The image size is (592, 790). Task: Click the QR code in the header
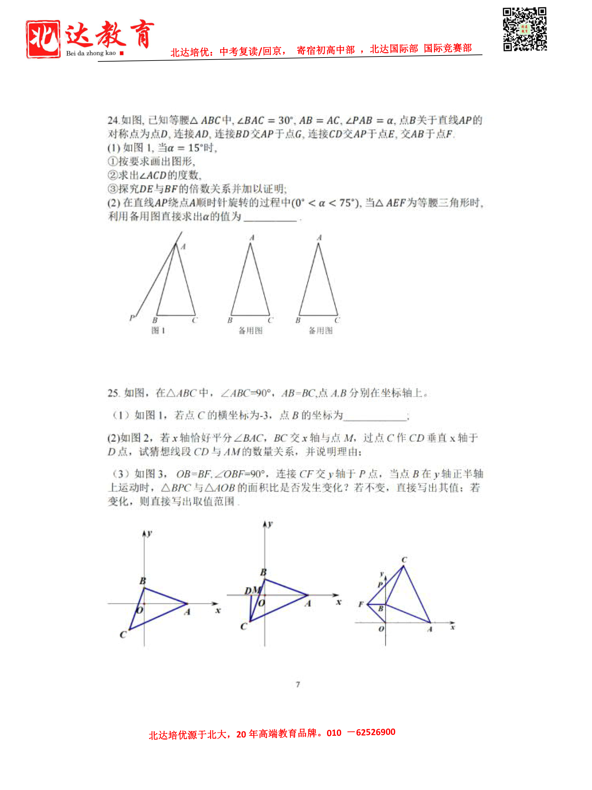(x=524, y=29)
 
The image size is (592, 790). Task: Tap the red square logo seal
(x=43, y=39)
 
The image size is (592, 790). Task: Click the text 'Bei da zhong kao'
(x=91, y=53)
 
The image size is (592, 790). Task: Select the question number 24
(x=113, y=120)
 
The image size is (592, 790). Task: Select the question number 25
(x=113, y=393)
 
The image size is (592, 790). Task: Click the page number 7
(x=298, y=684)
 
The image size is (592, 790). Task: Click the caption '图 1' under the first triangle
(x=158, y=330)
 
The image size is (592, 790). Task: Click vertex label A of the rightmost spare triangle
(x=319, y=237)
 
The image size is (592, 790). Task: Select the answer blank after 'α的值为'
(x=270, y=217)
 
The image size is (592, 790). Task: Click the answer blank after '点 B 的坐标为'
(x=375, y=416)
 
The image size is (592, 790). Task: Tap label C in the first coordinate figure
(x=123, y=635)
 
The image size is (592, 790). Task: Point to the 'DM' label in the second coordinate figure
(x=253, y=590)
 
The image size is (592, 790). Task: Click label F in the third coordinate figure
(x=361, y=604)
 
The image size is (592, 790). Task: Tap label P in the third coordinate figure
(x=380, y=585)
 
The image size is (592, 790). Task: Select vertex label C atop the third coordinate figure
(x=404, y=560)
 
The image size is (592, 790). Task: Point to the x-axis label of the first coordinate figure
(x=218, y=610)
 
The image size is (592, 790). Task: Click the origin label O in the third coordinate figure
(x=381, y=629)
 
